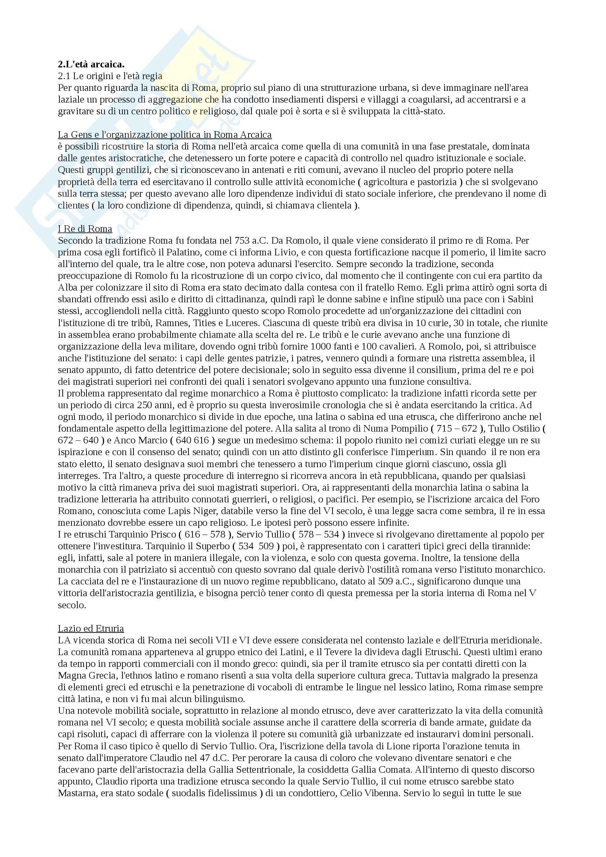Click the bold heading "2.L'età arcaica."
91,64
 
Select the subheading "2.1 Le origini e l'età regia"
110,76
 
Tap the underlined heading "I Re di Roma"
85,228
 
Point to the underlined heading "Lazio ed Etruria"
91,628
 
